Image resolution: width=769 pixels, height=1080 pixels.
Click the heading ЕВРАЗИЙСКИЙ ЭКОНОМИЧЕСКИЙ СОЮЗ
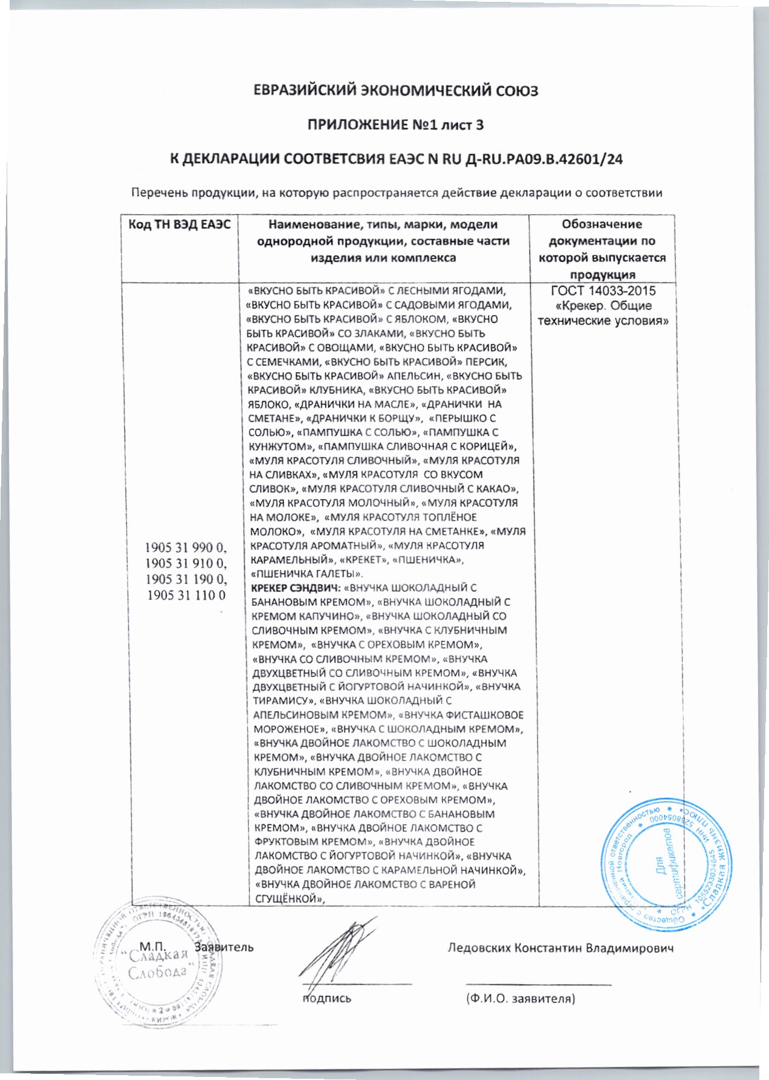point(395,91)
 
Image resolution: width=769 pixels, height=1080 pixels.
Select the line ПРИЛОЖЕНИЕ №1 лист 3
point(395,126)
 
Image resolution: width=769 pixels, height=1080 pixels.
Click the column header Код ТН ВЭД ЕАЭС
point(180,225)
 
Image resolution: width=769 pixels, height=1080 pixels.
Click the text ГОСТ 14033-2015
point(604,291)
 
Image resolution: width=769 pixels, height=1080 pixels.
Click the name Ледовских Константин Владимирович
point(560,947)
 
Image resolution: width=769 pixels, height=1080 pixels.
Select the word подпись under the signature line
point(326,999)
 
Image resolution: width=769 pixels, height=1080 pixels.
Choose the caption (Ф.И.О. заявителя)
point(520,999)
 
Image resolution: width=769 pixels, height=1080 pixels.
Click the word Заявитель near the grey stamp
point(224,947)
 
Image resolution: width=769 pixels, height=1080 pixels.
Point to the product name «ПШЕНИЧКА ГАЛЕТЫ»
point(307,573)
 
